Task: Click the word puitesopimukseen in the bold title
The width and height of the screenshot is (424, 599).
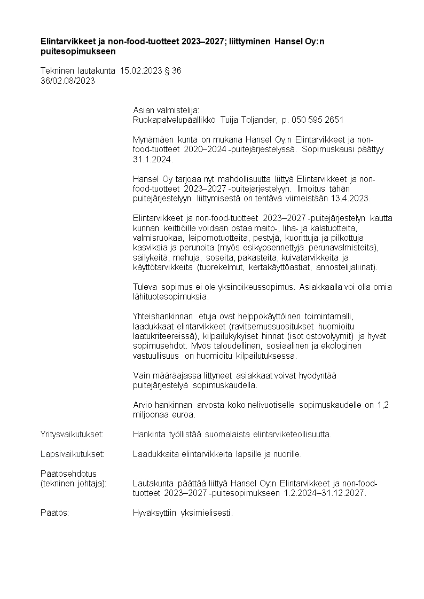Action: click(78, 52)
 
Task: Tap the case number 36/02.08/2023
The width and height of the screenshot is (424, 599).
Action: click(68, 81)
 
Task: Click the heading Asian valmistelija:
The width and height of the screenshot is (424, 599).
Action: click(166, 110)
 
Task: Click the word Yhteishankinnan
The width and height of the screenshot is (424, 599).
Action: click(162, 317)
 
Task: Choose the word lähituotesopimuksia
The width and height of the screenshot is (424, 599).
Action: click(171, 297)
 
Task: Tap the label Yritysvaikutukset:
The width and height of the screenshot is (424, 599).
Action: click(72, 434)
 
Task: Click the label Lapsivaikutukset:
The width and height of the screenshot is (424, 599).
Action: click(72, 454)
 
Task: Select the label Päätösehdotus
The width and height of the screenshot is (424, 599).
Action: click(68, 474)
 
